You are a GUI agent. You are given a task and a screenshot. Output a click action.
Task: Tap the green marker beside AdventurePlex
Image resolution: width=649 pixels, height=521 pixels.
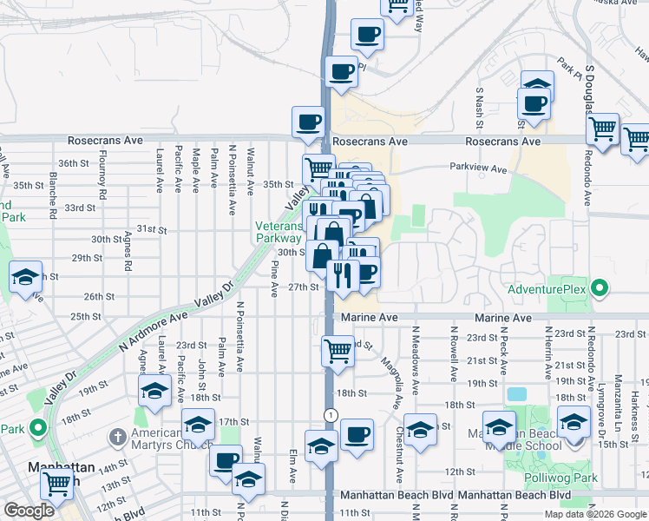(598, 287)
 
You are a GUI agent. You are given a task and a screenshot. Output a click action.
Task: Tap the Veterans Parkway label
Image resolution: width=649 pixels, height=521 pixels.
(278, 232)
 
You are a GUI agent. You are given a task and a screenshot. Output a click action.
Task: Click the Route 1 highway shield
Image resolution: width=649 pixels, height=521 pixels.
(331, 415)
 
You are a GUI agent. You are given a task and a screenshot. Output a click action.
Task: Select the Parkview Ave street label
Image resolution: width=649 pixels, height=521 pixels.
(477, 169)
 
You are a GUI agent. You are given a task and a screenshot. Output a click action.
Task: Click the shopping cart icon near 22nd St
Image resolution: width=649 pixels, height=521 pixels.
(338, 350)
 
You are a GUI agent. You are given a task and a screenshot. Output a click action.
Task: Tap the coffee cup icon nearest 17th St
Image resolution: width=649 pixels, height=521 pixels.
(356, 433)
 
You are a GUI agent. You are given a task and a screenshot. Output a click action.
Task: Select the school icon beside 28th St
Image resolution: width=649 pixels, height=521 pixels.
(25, 277)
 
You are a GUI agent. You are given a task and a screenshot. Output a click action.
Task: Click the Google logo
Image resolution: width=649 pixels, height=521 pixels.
(29, 511)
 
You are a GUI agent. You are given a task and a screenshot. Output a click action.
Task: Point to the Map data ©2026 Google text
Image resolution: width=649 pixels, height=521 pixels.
(595, 514)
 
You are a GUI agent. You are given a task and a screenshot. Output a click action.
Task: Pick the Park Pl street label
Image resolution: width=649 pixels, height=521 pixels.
(568, 67)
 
